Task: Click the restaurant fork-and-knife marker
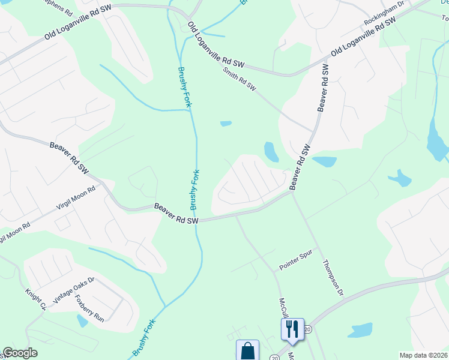click(x=292, y=329)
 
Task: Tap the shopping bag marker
click(x=247, y=350)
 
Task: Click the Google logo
click(x=20, y=353)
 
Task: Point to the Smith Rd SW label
click(x=239, y=79)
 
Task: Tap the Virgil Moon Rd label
click(x=75, y=197)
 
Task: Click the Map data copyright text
click(x=423, y=355)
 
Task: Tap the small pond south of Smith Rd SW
click(x=226, y=124)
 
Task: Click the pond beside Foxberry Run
click(x=82, y=321)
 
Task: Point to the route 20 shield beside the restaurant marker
click(x=308, y=329)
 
